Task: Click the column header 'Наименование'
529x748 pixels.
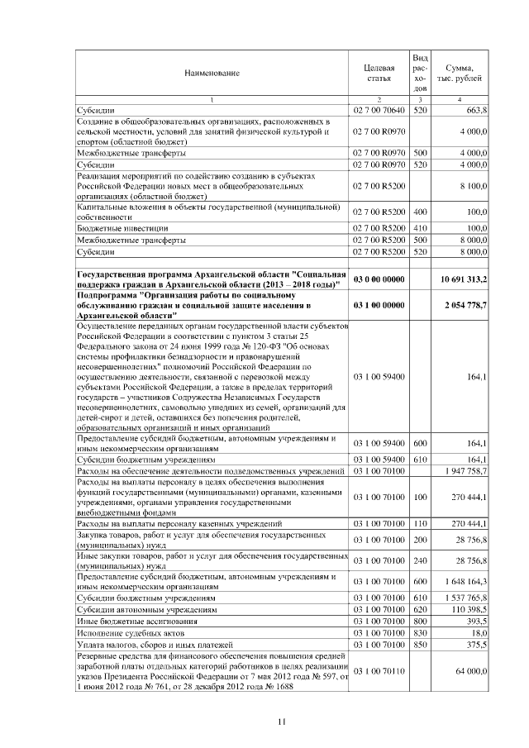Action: [212, 73]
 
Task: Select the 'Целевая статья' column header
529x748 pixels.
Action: [379, 73]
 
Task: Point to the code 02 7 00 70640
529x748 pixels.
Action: [379, 110]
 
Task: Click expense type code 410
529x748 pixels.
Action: [420, 227]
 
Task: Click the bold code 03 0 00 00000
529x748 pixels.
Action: [379, 280]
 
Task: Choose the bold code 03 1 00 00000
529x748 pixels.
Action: [379, 305]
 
